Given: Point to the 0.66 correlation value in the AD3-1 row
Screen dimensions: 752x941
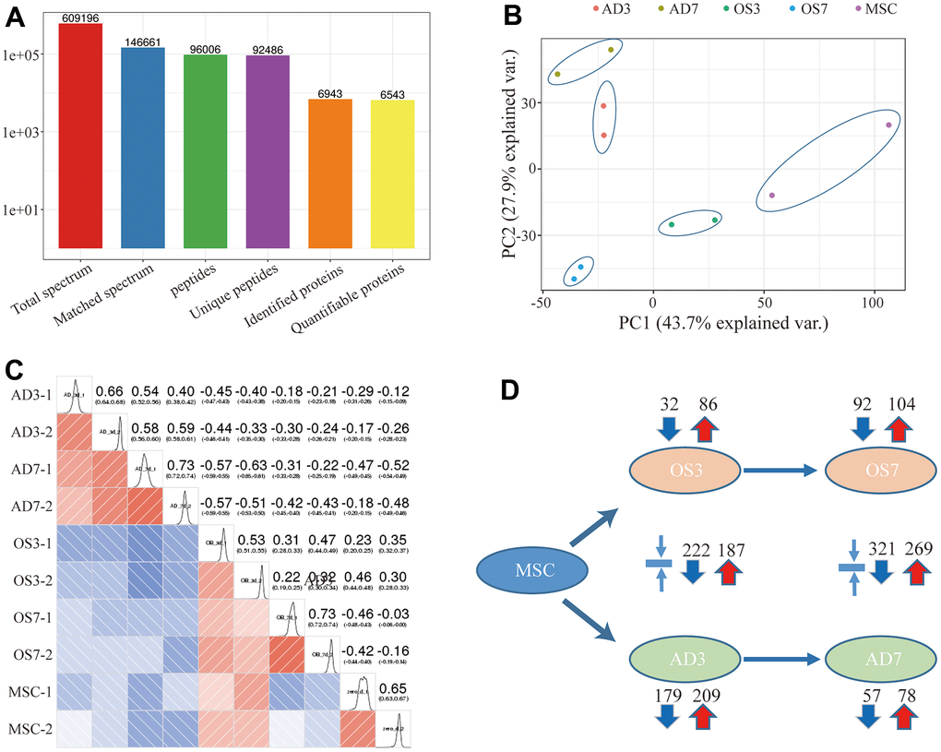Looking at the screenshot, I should tap(111, 391).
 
